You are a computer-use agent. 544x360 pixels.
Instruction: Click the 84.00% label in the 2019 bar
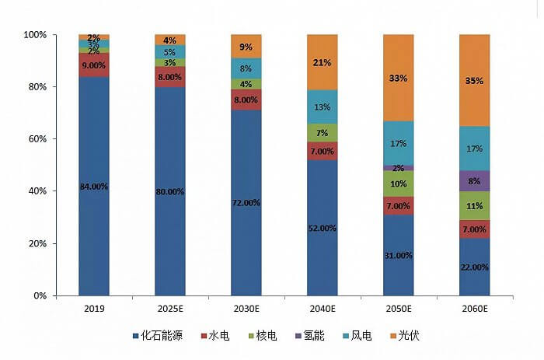tap(93, 186)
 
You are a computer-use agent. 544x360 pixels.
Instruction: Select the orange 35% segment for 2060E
tap(475, 80)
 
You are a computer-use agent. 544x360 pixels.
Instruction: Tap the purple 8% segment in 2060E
tap(475, 181)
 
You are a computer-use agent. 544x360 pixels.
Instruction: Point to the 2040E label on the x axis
tap(323, 308)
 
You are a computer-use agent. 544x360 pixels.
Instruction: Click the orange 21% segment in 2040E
tap(323, 62)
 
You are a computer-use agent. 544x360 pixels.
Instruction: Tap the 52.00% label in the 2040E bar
tap(323, 228)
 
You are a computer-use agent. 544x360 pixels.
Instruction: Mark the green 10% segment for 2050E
tap(399, 183)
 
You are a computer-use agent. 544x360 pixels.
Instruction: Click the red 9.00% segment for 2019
tap(93, 65)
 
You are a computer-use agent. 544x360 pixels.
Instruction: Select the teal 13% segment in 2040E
tap(323, 107)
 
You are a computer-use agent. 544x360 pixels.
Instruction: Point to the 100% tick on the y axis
tap(35, 35)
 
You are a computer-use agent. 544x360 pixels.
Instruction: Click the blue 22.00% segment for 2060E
tap(475, 267)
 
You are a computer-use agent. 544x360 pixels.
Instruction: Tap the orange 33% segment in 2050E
tap(399, 78)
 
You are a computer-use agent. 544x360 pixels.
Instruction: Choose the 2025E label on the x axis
tap(169, 308)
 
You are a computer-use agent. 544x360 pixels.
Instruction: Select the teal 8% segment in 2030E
tap(246, 68)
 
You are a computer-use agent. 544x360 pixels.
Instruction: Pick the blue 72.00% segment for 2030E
tap(246, 202)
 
